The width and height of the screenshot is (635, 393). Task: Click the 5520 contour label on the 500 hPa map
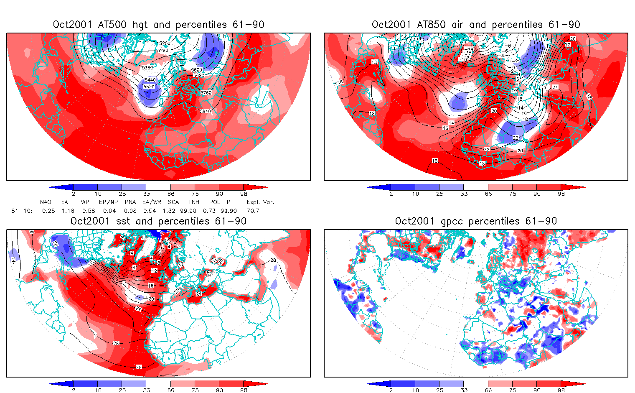[149, 87]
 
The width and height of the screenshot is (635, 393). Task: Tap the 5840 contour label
[205, 111]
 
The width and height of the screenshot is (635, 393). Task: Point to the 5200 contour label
[165, 43]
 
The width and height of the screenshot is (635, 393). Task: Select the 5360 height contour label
[147, 68]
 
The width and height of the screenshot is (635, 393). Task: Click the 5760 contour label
[206, 93]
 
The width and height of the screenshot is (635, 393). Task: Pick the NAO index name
[46, 202]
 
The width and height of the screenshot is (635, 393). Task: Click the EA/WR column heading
[152, 202]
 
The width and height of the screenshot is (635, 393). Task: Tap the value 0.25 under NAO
[48, 211]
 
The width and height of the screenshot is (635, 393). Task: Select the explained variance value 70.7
[253, 211]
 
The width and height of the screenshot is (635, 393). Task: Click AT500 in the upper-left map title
[112, 25]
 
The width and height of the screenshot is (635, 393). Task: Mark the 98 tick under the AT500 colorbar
[244, 194]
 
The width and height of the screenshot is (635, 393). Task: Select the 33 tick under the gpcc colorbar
[464, 390]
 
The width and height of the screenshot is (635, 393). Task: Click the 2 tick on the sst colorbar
[74, 390]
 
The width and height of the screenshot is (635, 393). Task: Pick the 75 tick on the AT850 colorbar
[513, 194]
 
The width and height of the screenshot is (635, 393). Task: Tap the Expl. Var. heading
[260, 202]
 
